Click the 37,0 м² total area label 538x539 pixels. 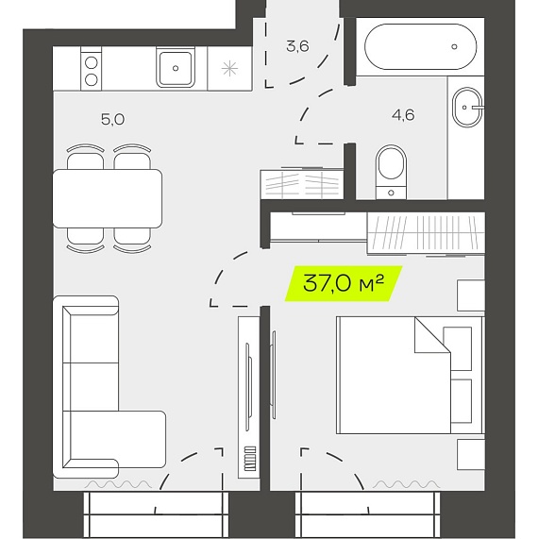343,283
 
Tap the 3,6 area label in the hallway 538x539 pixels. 297,46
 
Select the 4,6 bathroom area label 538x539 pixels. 403,115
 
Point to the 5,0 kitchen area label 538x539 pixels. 112,119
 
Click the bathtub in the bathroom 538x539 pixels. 420,47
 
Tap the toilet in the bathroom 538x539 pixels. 391,172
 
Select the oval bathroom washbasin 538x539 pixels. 467,108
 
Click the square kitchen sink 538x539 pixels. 176,68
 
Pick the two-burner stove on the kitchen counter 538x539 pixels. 92,69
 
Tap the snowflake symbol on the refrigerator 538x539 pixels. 229,68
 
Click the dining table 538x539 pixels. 108,198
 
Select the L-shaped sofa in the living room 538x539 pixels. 109,387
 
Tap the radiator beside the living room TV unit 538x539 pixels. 250,459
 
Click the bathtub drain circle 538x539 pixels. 454,46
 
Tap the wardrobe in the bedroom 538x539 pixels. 426,234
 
